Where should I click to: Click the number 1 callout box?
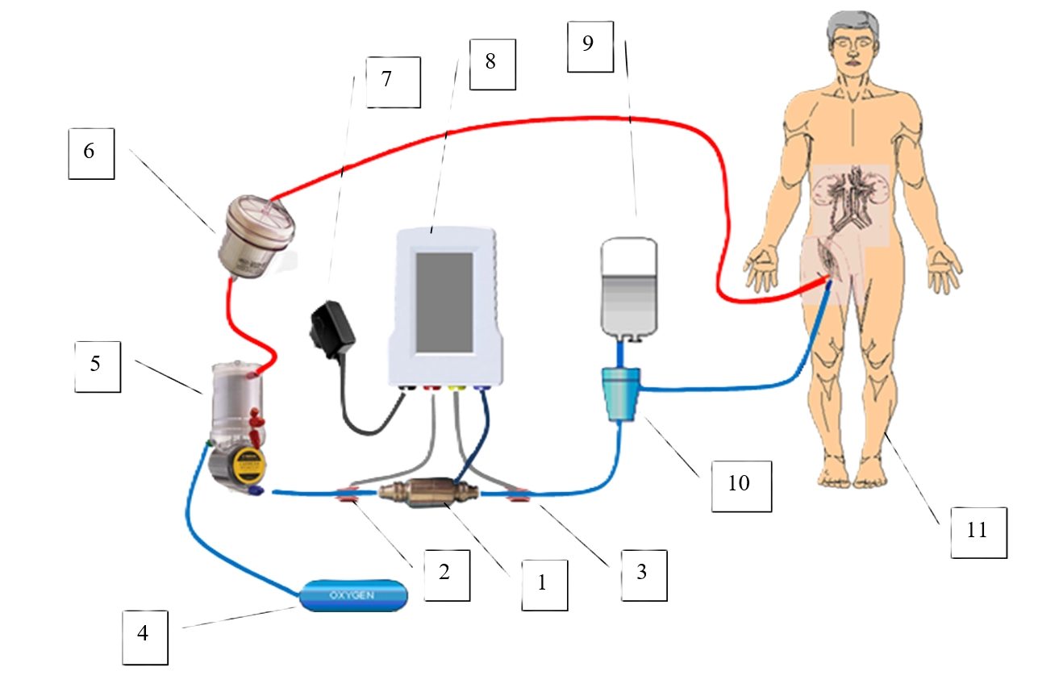(542, 582)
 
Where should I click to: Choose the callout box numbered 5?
(97, 365)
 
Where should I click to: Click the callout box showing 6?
(90, 151)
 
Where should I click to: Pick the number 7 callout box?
(393, 81)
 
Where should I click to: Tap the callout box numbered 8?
(490, 62)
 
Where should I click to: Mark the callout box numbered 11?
(978, 531)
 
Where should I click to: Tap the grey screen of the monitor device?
(444, 302)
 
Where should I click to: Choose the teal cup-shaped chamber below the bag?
(623, 393)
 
